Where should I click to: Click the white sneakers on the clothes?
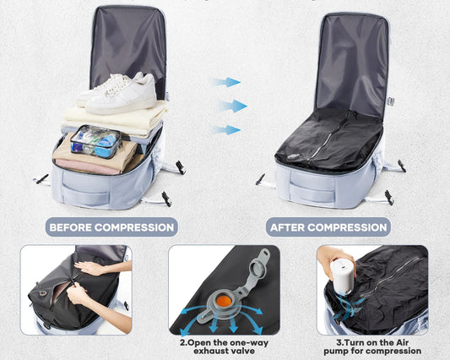click(x=118, y=92)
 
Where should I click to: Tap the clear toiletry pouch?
click(x=96, y=142)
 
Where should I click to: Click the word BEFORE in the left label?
click(x=71, y=227)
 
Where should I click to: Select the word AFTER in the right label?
click(x=288, y=227)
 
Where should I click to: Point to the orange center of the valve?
click(x=224, y=301)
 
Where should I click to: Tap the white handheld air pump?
click(x=343, y=276)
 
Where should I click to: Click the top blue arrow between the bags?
click(x=226, y=83)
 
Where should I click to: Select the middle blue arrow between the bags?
click(x=233, y=106)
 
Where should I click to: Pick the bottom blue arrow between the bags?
click(x=226, y=130)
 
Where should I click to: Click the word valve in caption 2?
click(x=243, y=351)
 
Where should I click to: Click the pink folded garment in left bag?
click(x=85, y=168)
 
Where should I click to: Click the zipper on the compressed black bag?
click(x=333, y=136)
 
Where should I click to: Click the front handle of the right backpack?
click(x=312, y=191)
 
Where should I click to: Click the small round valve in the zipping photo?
click(x=43, y=293)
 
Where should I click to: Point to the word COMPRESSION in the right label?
click(x=348, y=227)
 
